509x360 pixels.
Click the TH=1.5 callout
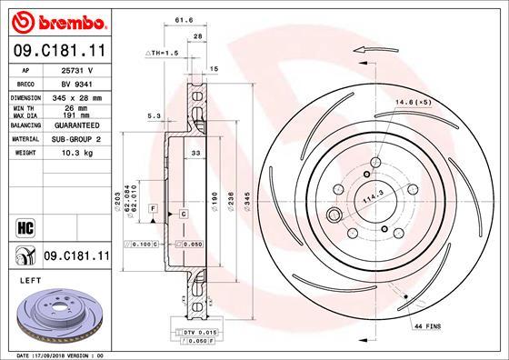point(162,54)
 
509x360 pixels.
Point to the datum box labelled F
point(154,210)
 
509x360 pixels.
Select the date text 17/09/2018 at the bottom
point(60,355)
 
